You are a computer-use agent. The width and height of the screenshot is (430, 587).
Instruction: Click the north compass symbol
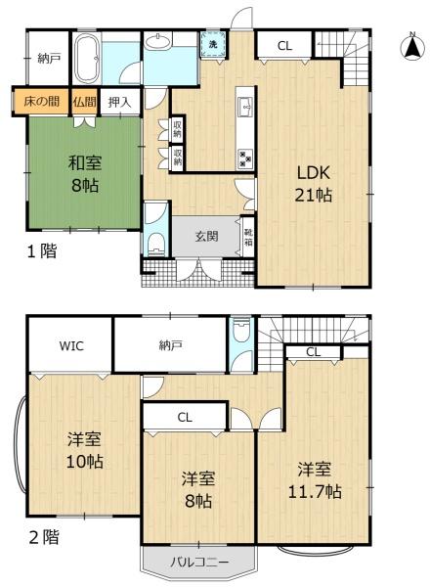tap(411, 46)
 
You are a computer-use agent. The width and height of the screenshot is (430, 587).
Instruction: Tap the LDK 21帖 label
tap(315, 182)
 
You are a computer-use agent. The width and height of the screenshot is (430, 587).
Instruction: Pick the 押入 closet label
tap(119, 101)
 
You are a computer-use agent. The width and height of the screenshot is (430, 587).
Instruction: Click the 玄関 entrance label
tap(206, 236)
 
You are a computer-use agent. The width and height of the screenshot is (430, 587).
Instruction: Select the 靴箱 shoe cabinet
tap(248, 235)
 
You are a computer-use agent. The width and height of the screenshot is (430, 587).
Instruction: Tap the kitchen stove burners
tap(244, 158)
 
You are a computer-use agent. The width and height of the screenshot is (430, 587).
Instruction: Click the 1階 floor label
tap(41, 251)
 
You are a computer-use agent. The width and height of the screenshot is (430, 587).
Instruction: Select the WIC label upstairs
tap(70, 344)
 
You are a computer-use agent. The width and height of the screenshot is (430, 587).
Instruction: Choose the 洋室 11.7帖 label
tap(314, 479)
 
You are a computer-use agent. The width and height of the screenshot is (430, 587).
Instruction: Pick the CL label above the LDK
tap(283, 45)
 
